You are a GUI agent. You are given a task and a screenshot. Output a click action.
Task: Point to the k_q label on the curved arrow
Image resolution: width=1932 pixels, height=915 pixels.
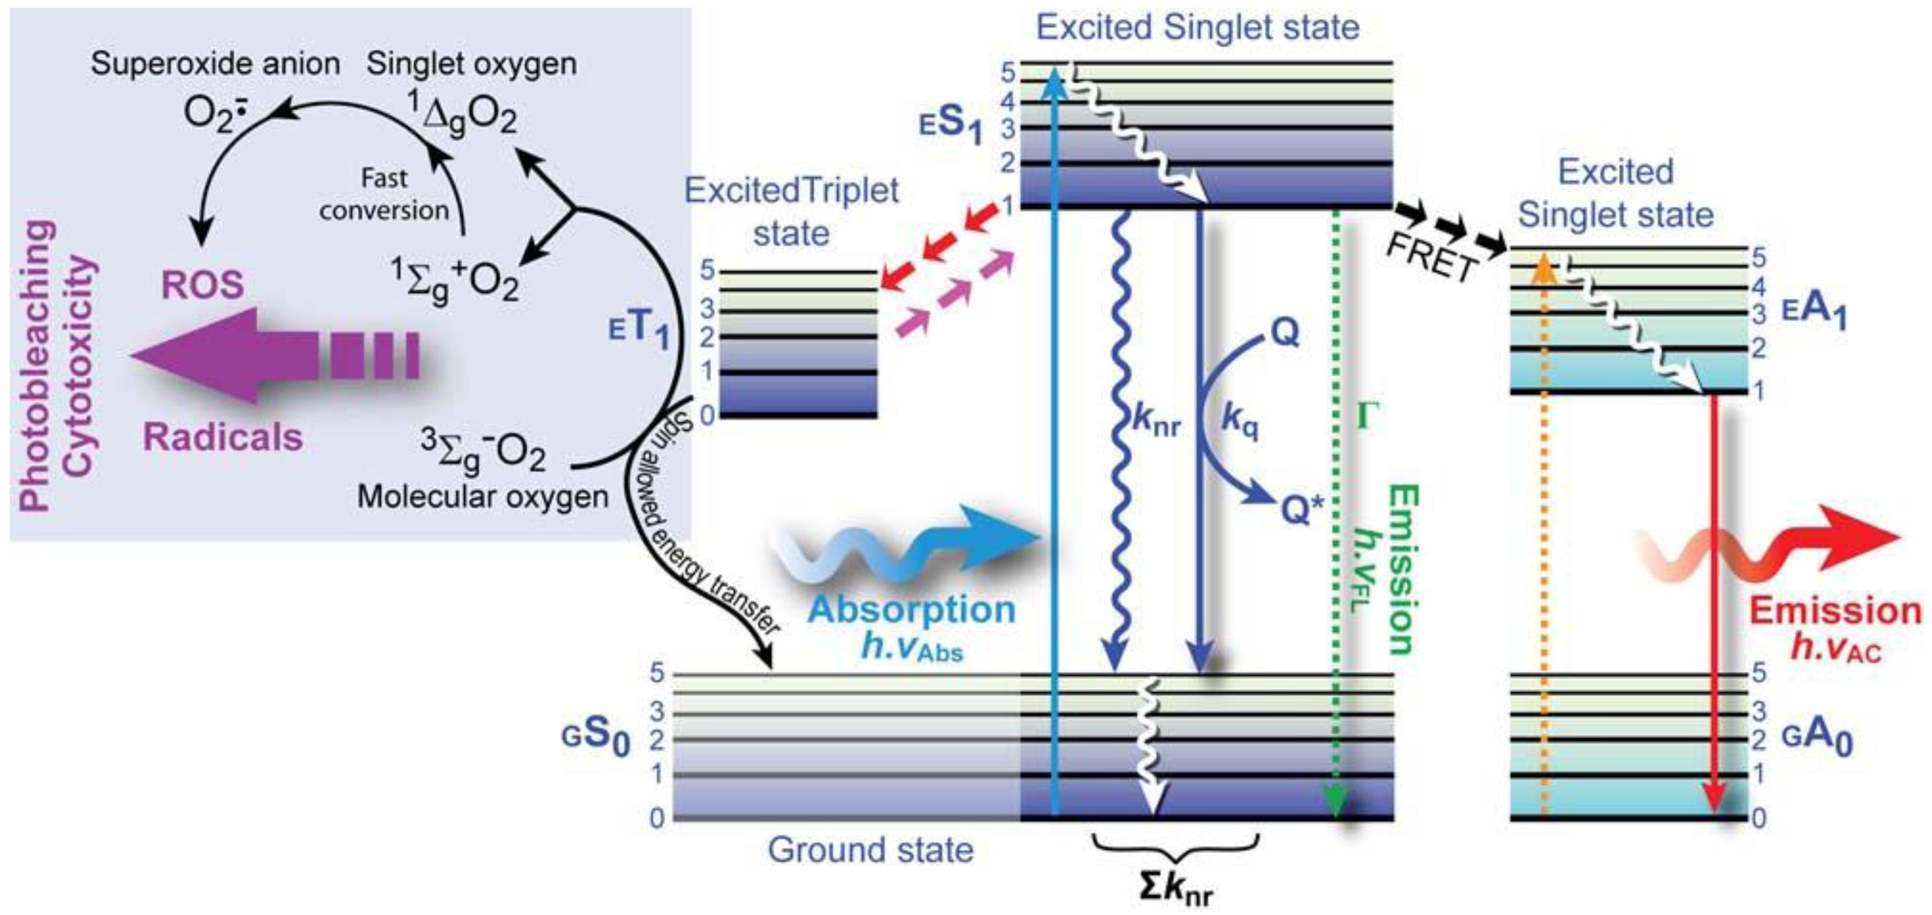click(x=1240, y=420)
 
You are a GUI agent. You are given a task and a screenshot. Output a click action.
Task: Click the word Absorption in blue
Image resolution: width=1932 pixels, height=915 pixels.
click(x=911, y=609)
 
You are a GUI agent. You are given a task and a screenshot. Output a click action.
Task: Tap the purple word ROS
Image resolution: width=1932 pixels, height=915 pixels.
click(x=202, y=285)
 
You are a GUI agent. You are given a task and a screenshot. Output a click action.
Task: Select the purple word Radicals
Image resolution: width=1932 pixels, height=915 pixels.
click(x=223, y=437)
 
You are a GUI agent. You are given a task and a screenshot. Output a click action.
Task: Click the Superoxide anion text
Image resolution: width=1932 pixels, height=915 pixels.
click(x=215, y=64)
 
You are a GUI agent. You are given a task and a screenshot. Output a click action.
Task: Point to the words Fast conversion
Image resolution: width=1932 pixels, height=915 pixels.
click(x=384, y=195)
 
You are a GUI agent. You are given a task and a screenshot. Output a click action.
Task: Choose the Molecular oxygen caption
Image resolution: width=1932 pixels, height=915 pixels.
click(x=482, y=497)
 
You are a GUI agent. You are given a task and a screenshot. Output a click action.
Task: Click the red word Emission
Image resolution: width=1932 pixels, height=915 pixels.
click(x=1835, y=611)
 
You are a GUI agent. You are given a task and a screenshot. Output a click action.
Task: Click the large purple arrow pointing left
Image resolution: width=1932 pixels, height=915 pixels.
click(x=270, y=354)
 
